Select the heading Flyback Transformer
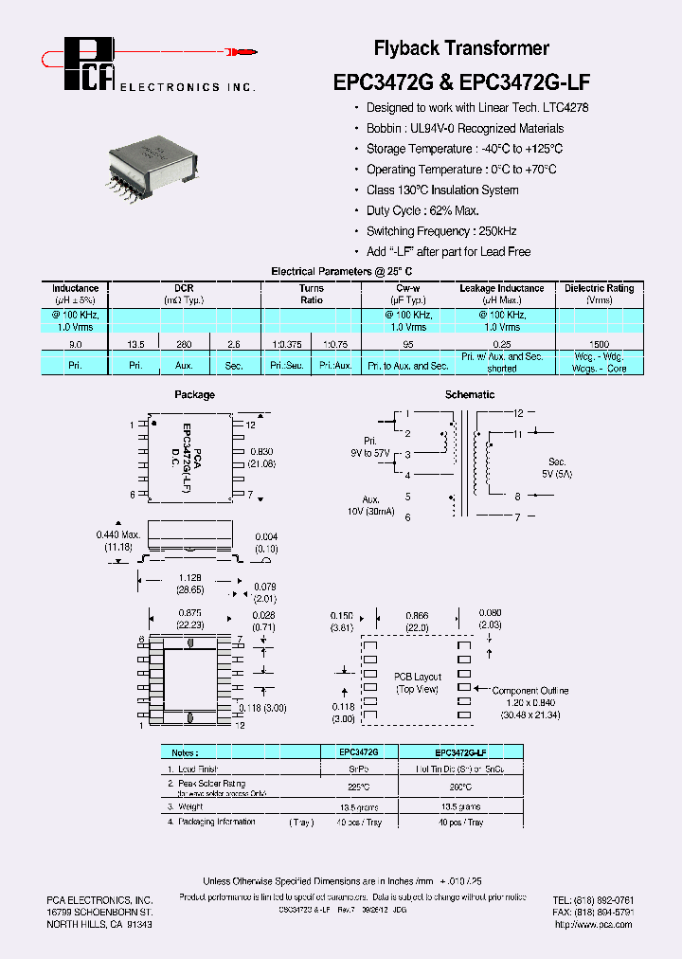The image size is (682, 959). click(461, 48)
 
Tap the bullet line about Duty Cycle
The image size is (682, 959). click(422, 210)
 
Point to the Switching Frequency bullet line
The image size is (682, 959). click(440, 231)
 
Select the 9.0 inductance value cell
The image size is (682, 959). click(76, 345)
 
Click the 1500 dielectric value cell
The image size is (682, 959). click(599, 345)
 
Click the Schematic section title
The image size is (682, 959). click(469, 394)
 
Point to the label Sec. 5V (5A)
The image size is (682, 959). click(559, 467)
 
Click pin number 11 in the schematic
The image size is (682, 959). click(518, 433)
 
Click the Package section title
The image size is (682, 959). click(194, 394)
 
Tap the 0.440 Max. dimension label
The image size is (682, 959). click(118, 541)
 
